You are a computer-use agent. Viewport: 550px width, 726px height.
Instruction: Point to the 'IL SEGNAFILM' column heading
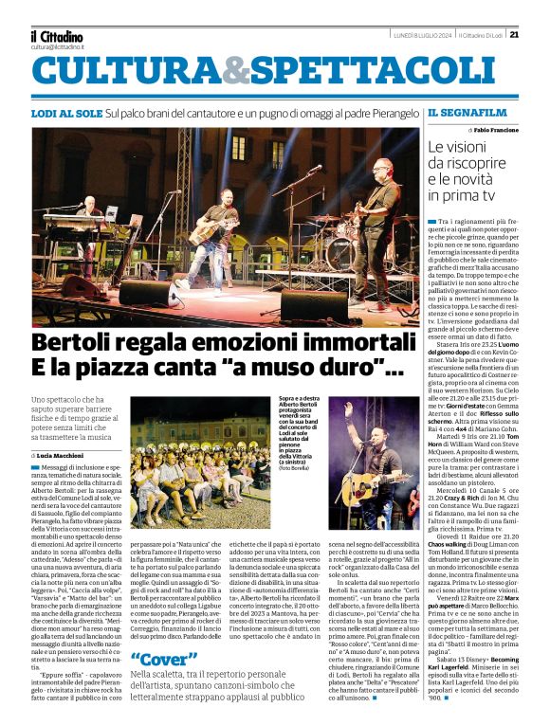(x=461, y=113)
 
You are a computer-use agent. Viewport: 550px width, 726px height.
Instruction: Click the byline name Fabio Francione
(x=490, y=129)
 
